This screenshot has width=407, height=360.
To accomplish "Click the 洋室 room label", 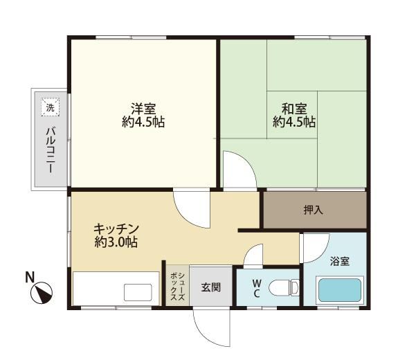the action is click(143, 109).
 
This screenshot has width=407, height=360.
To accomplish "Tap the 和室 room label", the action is click(294, 109).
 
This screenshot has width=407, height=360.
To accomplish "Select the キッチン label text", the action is click(116, 229).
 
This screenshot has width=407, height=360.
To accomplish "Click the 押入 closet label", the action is click(314, 210).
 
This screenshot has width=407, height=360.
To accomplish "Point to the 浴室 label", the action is click(340, 261).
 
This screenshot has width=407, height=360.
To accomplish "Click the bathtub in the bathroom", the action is click(339, 290).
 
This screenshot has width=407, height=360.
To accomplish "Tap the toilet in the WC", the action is click(284, 288).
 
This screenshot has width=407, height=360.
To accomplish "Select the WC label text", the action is click(256, 288).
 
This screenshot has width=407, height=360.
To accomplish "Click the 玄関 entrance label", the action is click(210, 287).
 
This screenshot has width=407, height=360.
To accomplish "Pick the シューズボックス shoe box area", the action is click(177, 287).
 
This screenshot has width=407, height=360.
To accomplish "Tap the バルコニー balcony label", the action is click(51, 150).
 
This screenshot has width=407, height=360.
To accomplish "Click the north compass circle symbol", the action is click(42, 293).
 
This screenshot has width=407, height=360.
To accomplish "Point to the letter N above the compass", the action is click(30, 277).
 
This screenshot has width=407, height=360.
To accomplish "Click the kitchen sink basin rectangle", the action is click(138, 293).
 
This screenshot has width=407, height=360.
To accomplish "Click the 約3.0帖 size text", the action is click(116, 242).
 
